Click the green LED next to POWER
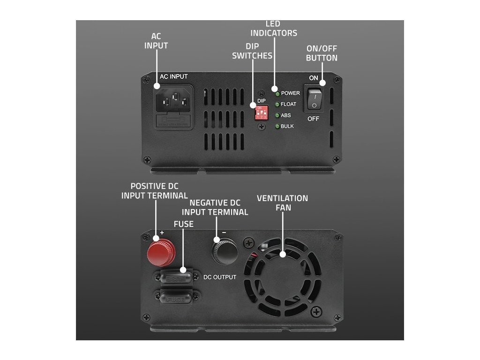coord(277,93)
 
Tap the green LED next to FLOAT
coord(277,104)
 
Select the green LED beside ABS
coord(277,115)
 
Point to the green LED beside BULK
coord(277,127)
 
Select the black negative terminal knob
coord(225,252)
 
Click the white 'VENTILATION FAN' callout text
coord(282,202)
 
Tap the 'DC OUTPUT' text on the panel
coord(220,277)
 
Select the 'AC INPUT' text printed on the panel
coord(173,76)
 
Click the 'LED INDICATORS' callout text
coord(273,28)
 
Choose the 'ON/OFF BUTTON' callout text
coord(322,53)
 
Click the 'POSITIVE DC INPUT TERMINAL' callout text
coord(155,191)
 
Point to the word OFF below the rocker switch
coord(314,119)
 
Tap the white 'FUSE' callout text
coord(183,224)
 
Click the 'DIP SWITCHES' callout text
coord(259,51)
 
